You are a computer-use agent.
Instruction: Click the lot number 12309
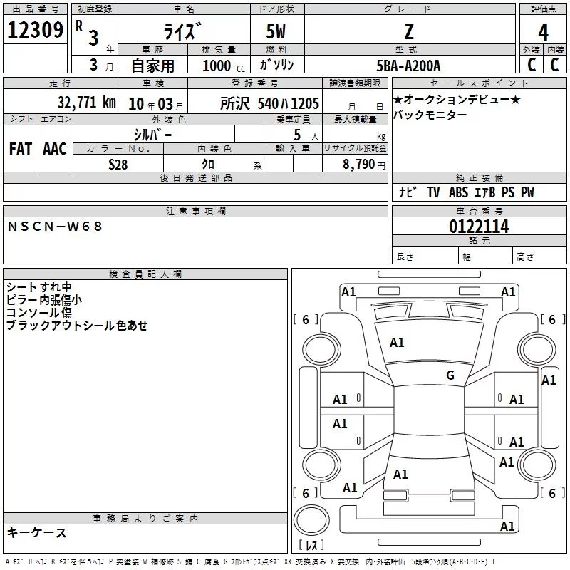pos(35,30)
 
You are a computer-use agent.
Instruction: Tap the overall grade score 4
pos(543,32)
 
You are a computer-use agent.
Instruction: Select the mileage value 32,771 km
pos(86,103)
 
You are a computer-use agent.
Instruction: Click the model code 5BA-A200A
pos(408,66)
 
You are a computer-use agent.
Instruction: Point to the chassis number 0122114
pos(479,227)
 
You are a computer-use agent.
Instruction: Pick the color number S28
pos(118,165)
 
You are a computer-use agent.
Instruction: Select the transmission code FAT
pos(21,149)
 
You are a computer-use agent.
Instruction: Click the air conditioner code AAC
pos(55,149)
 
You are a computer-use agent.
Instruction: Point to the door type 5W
pos(276,31)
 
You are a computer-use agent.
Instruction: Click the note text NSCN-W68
pos(55,227)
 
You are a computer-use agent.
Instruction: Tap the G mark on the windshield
pos(450,375)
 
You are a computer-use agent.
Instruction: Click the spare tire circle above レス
pos(311,520)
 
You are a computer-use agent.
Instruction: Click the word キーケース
pos(37,532)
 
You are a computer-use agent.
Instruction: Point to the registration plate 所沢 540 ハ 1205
pos(269,103)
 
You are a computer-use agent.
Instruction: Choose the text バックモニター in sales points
pos(430,115)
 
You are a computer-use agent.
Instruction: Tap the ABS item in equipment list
pos(458,192)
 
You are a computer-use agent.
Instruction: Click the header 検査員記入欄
pos(145,274)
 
